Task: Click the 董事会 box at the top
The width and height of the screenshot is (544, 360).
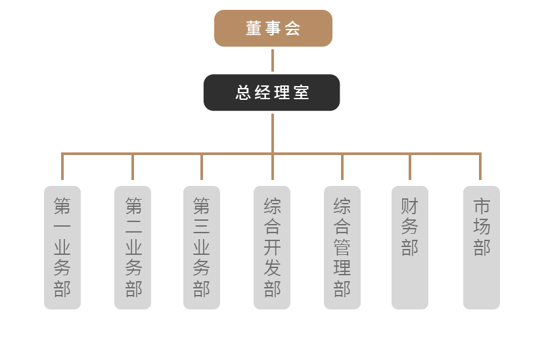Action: coord(273,28)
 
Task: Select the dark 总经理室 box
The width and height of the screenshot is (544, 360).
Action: coord(271,93)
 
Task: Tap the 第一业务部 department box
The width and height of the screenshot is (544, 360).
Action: coord(62,247)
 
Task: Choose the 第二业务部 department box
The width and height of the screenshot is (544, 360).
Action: coord(133,247)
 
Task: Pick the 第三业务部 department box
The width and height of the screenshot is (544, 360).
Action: coord(202,247)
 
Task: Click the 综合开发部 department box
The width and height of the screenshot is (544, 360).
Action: coord(272,247)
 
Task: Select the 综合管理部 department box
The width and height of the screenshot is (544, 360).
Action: coord(342,247)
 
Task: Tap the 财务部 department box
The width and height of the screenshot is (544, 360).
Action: coord(410,247)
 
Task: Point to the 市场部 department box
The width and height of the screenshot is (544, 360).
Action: coord(482,247)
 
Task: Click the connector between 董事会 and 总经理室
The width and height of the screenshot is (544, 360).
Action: coord(273,60)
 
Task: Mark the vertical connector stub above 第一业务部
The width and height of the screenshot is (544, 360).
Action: coord(62,168)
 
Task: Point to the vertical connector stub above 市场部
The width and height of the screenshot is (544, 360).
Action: coord(480,168)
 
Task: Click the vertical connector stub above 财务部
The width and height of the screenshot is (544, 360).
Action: coord(410,168)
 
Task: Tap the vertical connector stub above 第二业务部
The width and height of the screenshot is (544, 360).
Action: coord(133,168)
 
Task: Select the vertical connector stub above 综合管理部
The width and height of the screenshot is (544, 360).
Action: coord(342,168)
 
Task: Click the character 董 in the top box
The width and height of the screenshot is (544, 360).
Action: coord(254,28)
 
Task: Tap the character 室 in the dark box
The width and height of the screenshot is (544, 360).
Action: coord(302,93)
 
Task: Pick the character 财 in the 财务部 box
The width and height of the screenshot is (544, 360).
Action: coord(410,206)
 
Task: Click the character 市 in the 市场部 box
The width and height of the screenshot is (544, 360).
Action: coord(482,206)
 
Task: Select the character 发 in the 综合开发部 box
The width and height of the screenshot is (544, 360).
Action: coord(272,268)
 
